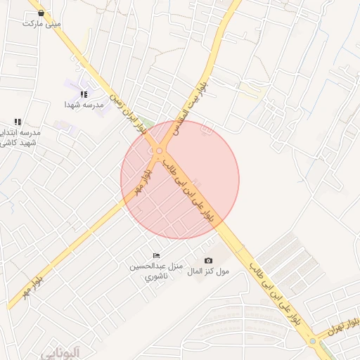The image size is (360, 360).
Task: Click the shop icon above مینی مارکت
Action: point(41,13)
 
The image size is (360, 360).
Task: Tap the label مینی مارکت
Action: point(41,23)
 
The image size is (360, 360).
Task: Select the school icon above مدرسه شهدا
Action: point(84,94)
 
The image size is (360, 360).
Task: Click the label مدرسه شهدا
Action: point(84,105)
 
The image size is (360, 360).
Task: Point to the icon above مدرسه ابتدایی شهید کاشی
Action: point(18,122)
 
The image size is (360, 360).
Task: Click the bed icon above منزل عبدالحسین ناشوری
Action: point(156,255)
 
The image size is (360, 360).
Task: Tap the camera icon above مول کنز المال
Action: point(208,261)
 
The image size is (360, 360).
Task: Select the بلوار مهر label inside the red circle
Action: point(141,183)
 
